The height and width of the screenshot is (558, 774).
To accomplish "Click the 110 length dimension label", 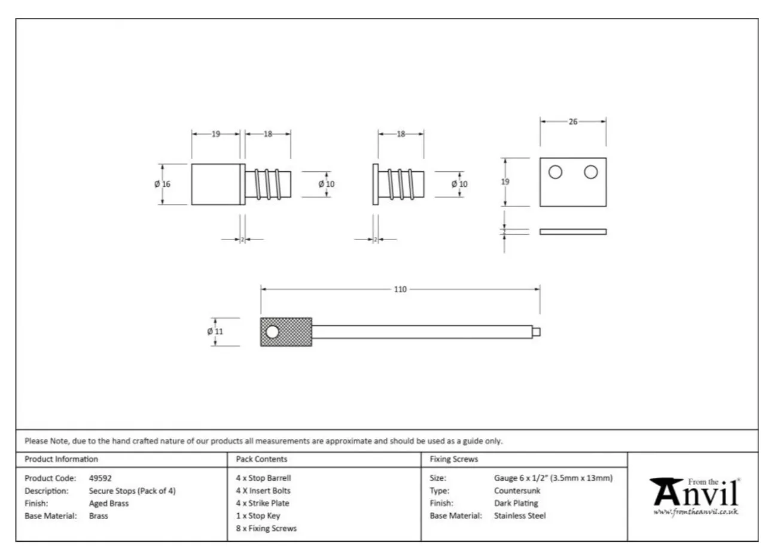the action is (400, 289).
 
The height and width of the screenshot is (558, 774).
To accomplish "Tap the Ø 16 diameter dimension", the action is (163, 184).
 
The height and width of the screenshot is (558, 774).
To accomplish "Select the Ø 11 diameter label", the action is (215, 332).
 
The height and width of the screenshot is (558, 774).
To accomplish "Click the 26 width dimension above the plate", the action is (573, 122).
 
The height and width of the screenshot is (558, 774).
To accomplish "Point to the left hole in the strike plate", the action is (555, 172).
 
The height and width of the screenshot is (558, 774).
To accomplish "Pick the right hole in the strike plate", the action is (591, 172).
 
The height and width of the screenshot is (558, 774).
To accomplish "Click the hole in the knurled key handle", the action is (272, 332).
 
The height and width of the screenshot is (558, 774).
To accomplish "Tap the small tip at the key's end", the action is (537, 332).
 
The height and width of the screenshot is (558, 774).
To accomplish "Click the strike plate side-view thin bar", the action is (573, 232).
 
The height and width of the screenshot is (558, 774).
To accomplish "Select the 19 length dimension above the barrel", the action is (216, 134).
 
